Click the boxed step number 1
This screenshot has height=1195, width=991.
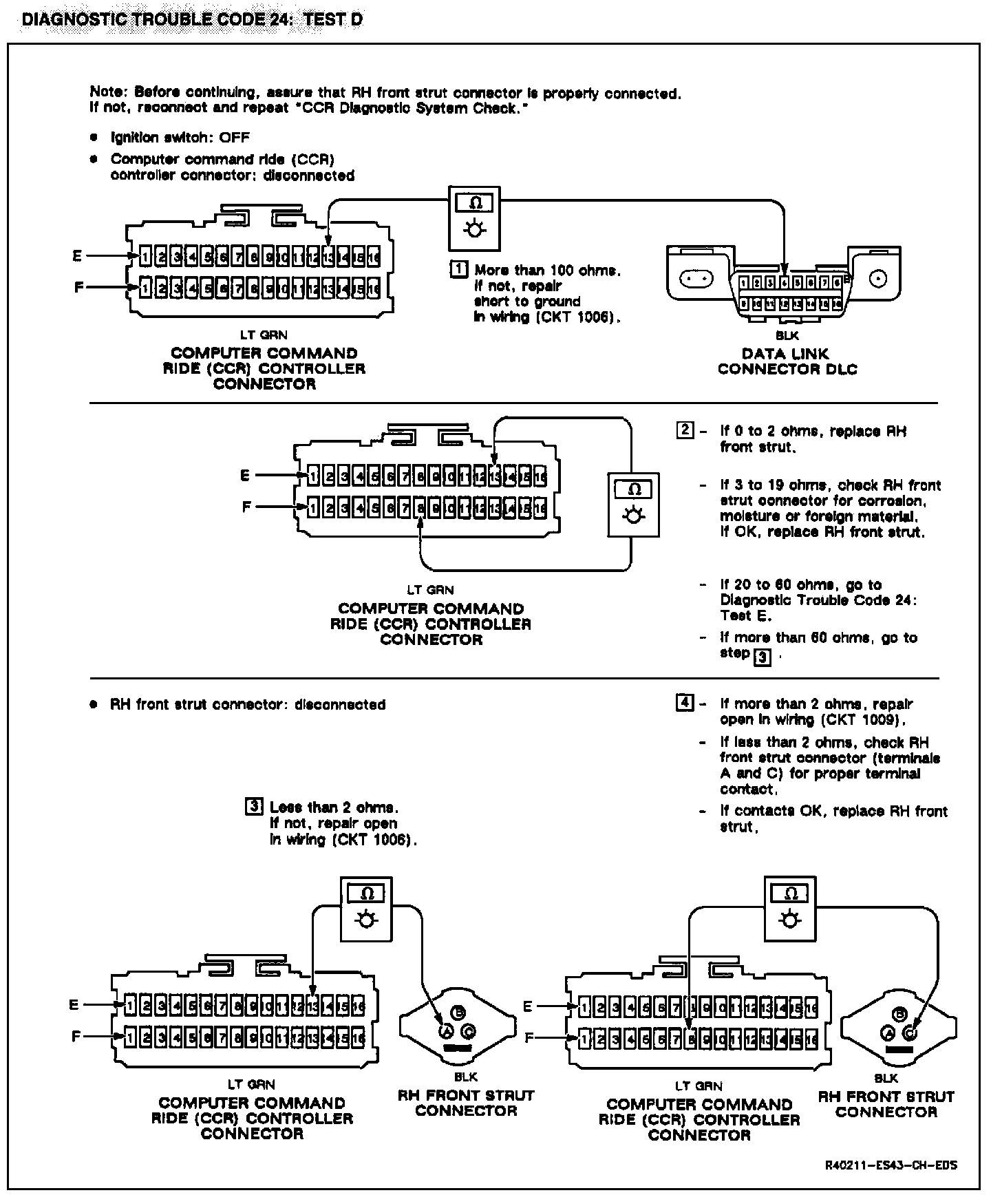[x=458, y=269]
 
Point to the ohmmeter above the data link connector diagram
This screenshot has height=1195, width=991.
[x=474, y=217]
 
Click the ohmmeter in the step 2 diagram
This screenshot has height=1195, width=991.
[x=634, y=504]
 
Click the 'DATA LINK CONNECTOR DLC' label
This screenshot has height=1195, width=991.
[x=787, y=361]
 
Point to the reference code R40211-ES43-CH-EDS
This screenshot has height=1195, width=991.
[x=892, y=1165]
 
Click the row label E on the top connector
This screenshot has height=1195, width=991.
[x=77, y=256]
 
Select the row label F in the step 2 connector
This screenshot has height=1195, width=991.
[x=246, y=507]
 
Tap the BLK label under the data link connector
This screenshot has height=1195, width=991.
[x=787, y=336]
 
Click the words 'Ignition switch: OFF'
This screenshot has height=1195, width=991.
[x=180, y=137]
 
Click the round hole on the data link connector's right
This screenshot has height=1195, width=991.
[x=878, y=279]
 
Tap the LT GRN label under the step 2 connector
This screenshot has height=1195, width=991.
[x=430, y=590]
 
